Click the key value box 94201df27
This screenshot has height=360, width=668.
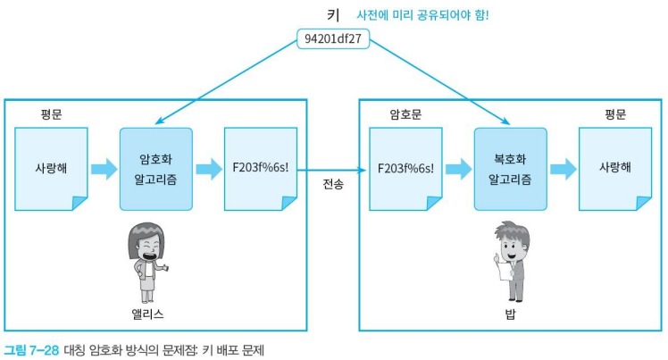coord(333,38)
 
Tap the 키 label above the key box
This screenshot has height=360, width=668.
coord(333,15)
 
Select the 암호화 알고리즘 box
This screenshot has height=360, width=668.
coord(156,169)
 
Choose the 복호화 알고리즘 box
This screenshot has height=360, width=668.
coord(510,169)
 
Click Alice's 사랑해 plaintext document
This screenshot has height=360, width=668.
coord(51,169)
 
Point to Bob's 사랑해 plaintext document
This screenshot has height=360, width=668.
coord(615,169)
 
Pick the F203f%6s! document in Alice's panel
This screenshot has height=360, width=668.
coord(261,169)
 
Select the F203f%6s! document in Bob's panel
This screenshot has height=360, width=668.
coord(405,169)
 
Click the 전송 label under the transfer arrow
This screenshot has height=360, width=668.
coord(333,184)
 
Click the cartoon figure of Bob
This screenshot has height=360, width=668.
coord(512,261)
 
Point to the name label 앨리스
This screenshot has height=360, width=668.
coord(147,314)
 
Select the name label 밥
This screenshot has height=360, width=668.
coord(510,314)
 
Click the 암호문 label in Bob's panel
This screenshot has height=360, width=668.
coord(405,114)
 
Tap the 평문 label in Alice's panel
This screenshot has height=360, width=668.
coord(51,114)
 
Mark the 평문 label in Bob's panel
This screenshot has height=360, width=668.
coord(615,114)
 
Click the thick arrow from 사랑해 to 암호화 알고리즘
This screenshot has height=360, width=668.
coord(104,169)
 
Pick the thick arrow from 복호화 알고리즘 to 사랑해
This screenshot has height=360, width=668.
coord(564,169)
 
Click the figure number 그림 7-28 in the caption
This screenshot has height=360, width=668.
coord(31,350)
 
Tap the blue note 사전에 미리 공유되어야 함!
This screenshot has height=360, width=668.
coord(422,15)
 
